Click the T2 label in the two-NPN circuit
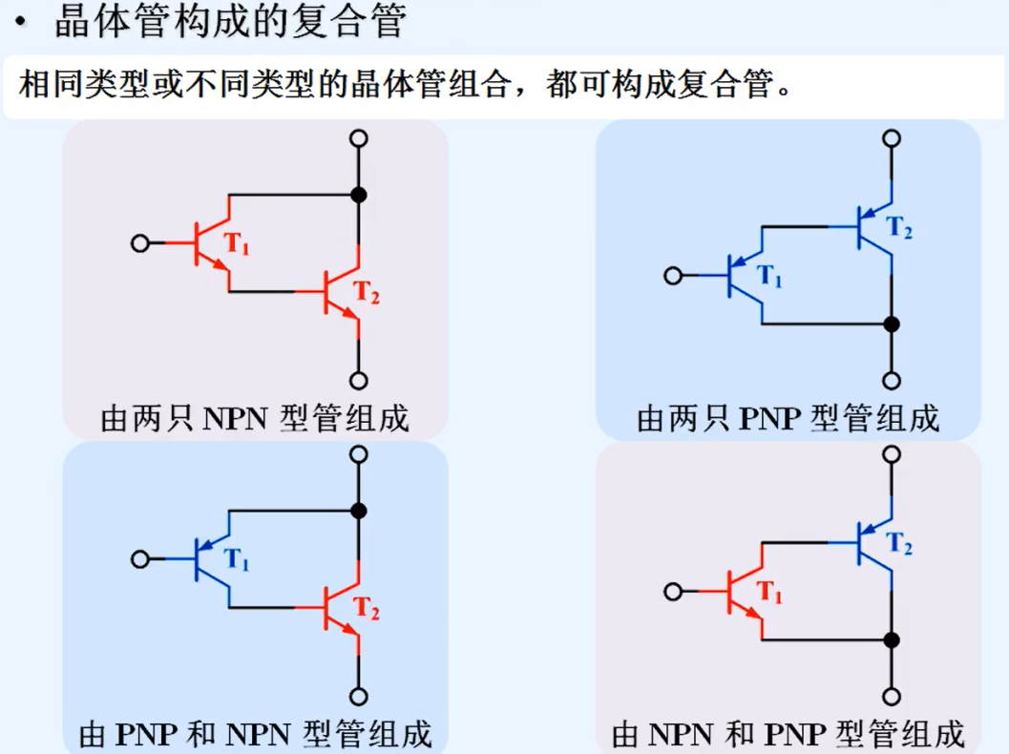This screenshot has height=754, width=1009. (368, 292)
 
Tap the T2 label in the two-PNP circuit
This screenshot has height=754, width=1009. (900, 228)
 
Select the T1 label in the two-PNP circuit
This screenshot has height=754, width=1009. (769, 277)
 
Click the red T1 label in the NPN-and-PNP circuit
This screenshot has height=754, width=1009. (769, 593)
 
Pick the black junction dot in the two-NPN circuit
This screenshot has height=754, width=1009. (359, 196)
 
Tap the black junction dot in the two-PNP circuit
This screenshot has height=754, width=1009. (892, 325)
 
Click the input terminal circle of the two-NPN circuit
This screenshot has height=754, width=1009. (140, 243)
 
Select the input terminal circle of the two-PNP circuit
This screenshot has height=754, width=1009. (673, 277)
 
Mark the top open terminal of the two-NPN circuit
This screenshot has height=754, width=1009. (359, 138)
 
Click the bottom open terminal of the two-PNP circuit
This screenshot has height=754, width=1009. (892, 381)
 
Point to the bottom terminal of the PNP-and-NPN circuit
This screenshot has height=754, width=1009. (359, 696)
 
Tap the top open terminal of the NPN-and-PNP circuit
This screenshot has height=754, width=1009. (892, 453)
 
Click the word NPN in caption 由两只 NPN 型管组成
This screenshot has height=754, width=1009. (237, 418)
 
